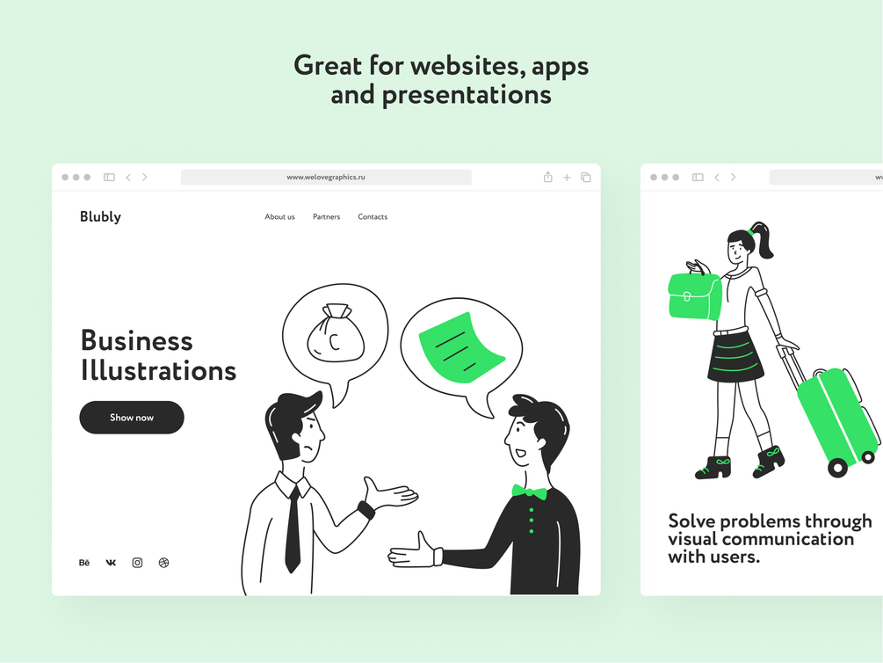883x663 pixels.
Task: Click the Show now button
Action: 132,417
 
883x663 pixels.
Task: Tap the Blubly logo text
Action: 100,216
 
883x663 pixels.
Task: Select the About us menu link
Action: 280,216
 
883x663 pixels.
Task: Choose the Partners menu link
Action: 327,216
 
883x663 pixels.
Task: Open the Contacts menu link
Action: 373,216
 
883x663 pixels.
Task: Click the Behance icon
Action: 84,563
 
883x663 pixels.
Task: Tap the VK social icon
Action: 111,563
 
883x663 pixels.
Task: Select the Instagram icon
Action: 137,563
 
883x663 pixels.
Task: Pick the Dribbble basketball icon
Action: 164,563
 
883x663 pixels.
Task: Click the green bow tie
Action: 529,492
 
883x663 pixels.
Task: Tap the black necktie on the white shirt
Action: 293,530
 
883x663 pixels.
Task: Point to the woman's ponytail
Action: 764,239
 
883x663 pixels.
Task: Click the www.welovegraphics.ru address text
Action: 326,177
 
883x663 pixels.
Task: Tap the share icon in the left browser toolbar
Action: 548,177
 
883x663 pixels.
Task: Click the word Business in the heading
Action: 137,340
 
